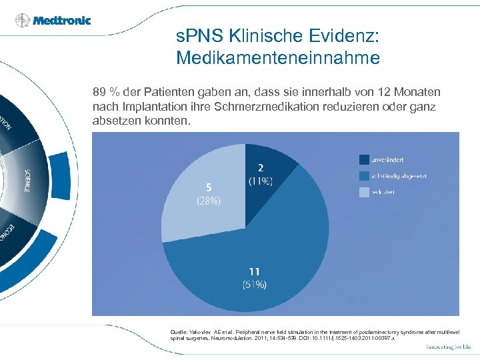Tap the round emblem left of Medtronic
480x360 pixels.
[x=22, y=21]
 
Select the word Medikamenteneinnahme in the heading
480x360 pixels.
[x=278, y=58]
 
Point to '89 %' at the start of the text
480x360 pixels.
[x=105, y=91]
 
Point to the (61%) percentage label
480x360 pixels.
[x=253, y=285]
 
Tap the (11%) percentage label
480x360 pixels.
[x=261, y=181]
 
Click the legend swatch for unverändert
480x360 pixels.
[x=364, y=159]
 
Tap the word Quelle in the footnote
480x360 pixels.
[x=179, y=331]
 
